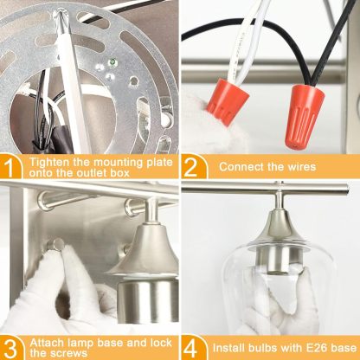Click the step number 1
click(10, 168)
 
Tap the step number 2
click(190, 168)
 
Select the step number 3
click(11, 349)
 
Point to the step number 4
click(191, 349)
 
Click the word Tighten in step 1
click(49, 162)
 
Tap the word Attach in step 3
click(47, 343)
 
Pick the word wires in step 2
click(301, 167)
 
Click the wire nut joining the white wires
click(227, 101)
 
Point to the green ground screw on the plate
click(112, 61)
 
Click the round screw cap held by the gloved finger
click(55, 245)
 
